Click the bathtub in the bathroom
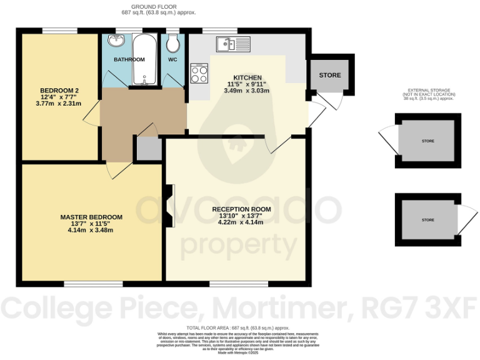(146, 60)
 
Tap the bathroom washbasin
(116, 42)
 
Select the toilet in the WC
(173, 42)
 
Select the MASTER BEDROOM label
(91, 217)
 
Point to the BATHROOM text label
(129, 59)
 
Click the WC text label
(173, 59)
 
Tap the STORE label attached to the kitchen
(330, 76)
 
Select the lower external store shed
(427, 220)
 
